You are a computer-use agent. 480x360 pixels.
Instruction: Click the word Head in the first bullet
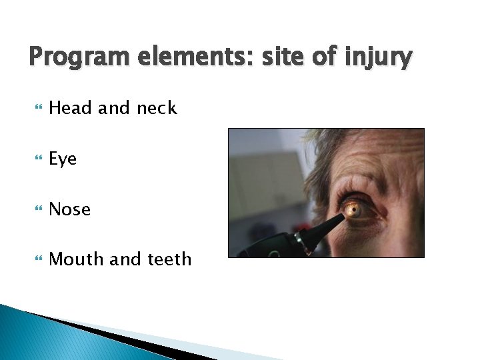[x=71, y=108]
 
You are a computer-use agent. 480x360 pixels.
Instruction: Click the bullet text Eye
[x=63, y=159]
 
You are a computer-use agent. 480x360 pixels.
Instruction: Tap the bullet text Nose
[x=70, y=209]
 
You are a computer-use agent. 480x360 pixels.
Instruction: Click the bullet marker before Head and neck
[x=35, y=109]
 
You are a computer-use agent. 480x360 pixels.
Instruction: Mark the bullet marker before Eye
[x=35, y=159]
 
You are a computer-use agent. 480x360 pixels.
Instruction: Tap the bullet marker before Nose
[x=35, y=209]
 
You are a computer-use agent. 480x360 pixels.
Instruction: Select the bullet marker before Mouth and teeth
[x=35, y=259]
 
